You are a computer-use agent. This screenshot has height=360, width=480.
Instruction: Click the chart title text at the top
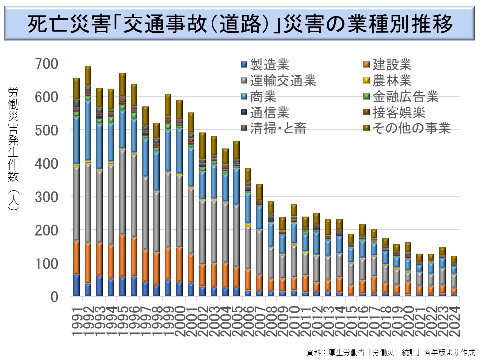[240, 23]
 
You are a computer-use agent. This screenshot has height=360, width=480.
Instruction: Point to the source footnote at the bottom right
[390, 351]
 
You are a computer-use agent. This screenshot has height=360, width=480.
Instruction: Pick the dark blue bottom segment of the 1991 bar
[76, 285]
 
